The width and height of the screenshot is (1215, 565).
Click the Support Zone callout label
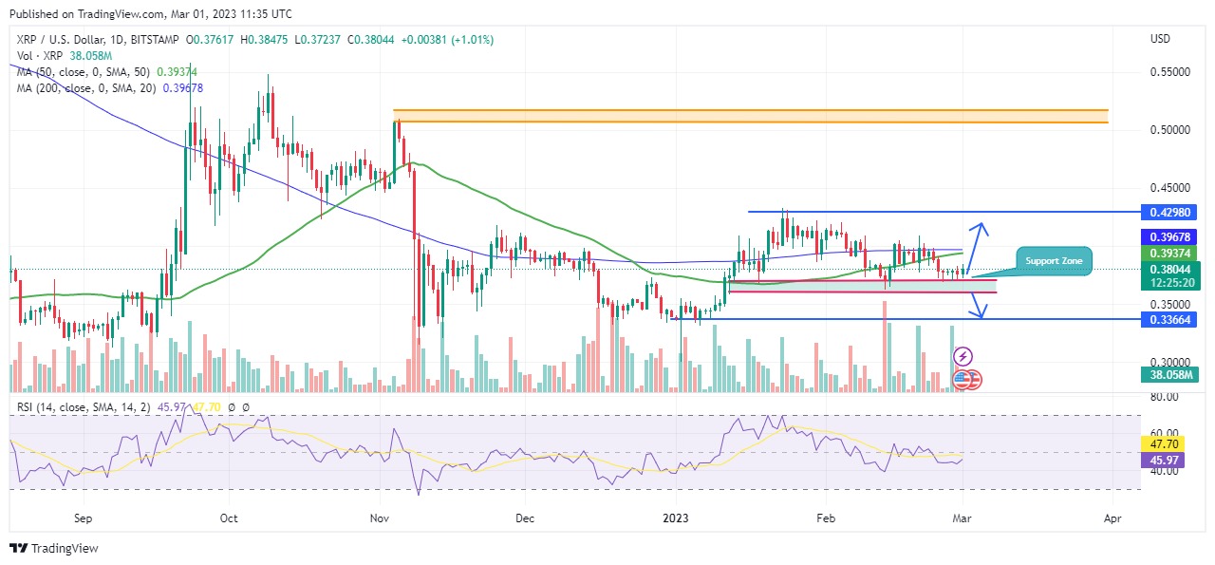pos(1054,260)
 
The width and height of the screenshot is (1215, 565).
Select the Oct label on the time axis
pos(228,519)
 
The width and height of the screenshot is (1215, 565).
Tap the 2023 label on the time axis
pos(677,519)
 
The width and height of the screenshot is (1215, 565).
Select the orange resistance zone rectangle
pos(750,116)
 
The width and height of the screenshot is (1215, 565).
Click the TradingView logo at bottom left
pos(54,549)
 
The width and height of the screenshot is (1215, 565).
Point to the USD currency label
pos(1160,39)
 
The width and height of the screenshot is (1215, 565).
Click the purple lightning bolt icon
pos(963,357)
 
